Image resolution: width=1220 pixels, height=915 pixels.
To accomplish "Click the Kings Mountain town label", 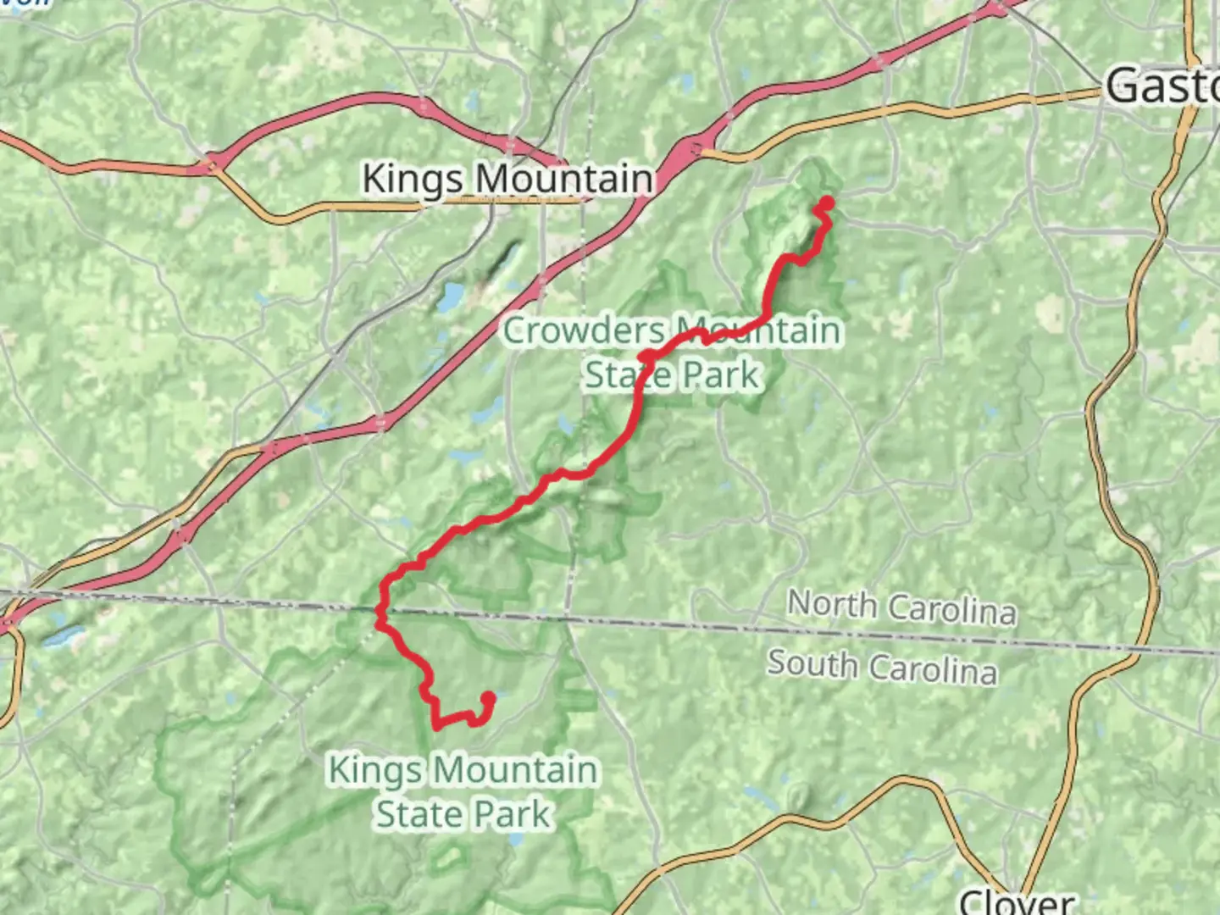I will click(507, 179).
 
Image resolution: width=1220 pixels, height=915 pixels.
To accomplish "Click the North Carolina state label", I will click(901, 607).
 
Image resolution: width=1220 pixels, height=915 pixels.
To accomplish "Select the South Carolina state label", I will click(882, 666).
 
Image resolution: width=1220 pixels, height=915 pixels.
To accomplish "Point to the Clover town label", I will click(1017, 901).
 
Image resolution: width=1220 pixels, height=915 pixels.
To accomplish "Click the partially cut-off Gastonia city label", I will click(1162, 86).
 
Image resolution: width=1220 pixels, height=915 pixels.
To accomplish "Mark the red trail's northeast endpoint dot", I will click(824, 202).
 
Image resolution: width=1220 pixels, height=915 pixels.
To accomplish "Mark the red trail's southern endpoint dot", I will click(488, 699).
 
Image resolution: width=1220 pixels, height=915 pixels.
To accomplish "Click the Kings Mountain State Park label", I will click(463, 792).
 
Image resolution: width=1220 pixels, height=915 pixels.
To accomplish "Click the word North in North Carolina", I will click(831, 603).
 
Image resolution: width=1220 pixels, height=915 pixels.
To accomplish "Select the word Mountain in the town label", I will click(563, 179).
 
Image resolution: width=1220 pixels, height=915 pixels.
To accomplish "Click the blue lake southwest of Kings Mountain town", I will click(450, 296).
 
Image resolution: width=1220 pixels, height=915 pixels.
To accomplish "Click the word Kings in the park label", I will click(374, 770).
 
